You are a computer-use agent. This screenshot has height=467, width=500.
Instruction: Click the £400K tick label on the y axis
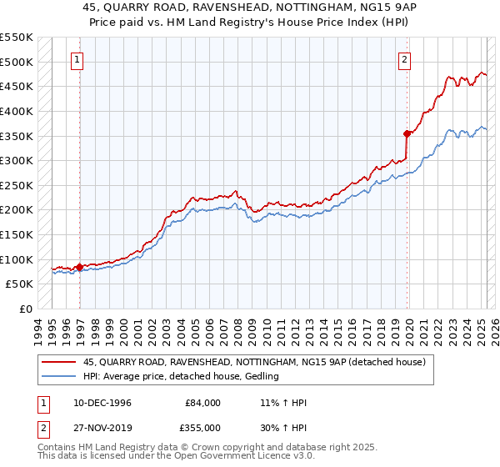(17, 111)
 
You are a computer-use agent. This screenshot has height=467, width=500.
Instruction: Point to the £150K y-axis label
(17, 234)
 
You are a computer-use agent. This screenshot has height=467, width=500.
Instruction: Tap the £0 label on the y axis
(25, 309)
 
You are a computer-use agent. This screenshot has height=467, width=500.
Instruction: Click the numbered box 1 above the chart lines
(77, 59)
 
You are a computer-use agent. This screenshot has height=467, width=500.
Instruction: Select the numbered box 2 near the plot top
(404, 59)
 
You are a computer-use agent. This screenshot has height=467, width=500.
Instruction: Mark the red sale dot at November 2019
(407, 133)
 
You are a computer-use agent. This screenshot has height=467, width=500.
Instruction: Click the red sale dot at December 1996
(80, 267)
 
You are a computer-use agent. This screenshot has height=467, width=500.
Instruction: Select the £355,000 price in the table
(203, 428)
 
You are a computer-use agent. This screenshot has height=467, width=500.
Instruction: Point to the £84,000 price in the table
(203, 403)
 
